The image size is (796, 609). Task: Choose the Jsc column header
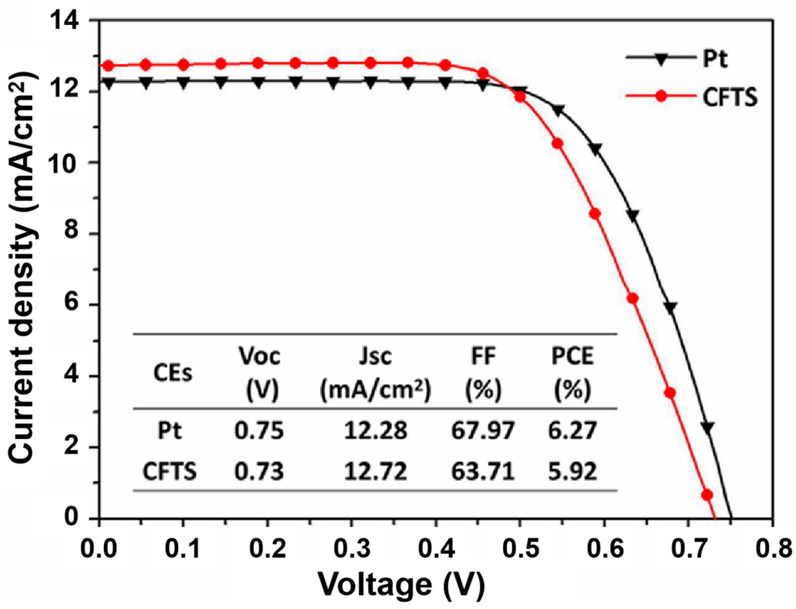pyautogui.click(x=376, y=373)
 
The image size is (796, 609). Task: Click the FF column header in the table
pyautogui.click(x=483, y=373)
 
